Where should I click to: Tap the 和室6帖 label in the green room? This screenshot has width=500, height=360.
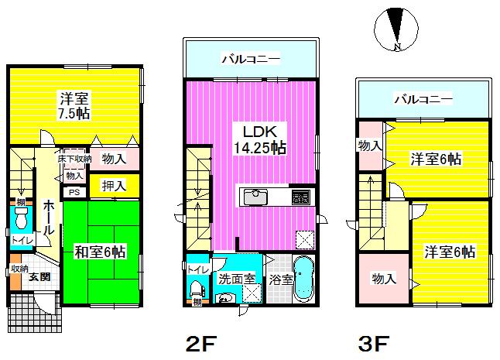point(101,252)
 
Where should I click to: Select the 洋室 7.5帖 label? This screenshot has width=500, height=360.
point(75,105)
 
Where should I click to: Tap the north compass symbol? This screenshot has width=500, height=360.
point(396,30)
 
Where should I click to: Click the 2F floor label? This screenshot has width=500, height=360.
point(200,342)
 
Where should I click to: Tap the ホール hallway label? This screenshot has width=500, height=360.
point(48,218)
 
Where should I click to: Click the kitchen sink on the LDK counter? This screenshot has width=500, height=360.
point(255,197)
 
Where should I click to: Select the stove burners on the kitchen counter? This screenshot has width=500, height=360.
point(300,197)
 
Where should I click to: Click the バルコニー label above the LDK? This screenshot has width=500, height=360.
point(250,58)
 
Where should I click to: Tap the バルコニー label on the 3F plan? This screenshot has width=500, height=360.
point(423,99)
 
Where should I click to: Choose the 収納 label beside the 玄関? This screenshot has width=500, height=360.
point(19,269)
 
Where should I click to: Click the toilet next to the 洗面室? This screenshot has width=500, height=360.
point(197,288)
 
